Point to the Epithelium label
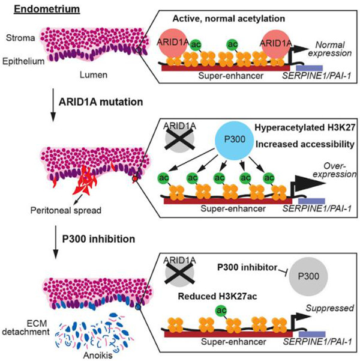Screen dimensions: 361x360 tap(23, 61)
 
